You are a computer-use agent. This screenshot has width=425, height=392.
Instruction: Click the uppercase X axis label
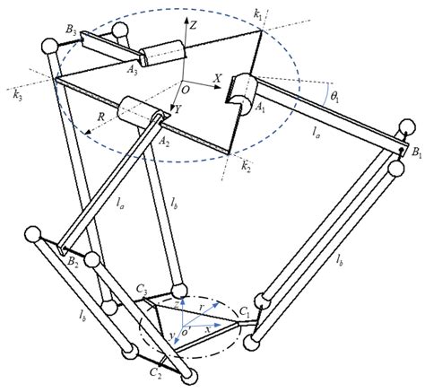coord(218,79)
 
